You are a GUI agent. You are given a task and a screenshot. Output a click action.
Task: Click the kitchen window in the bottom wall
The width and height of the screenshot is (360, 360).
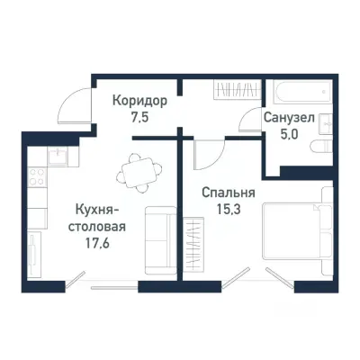point(113,288)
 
